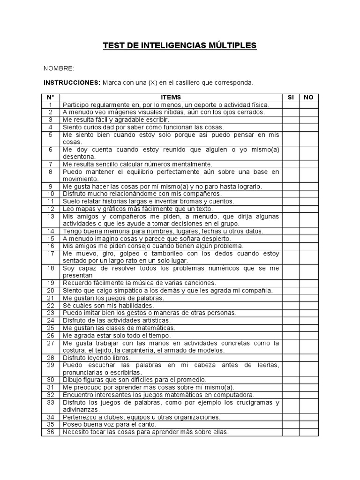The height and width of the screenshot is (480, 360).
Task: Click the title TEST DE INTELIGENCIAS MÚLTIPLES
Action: click(x=180, y=45)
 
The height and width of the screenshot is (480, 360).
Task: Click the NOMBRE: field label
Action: click(x=59, y=68)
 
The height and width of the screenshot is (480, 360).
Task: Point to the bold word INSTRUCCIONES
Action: click(x=72, y=82)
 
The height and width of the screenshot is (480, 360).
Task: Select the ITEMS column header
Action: click(x=170, y=97)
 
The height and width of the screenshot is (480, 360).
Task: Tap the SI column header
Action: click(x=290, y=97)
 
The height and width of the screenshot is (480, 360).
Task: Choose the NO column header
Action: click(x=308, y=97)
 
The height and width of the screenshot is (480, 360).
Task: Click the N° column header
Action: click(x=50, y=97)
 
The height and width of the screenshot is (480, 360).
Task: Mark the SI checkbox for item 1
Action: click(x=290, y=105)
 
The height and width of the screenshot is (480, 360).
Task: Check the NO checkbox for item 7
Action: click(x=308, y=164)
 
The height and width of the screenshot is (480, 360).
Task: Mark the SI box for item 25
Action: click(x=290, y=327)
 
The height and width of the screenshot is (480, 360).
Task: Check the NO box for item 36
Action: click(x=308, y=432)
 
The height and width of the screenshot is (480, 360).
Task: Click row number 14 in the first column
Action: click(x=50, y=231)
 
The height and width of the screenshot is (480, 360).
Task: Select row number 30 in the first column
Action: click(x=50, y=380)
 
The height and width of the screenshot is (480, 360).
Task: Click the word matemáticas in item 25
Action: click(x=152, y=327)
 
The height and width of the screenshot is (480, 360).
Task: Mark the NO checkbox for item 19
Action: click(x=308, y=283)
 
